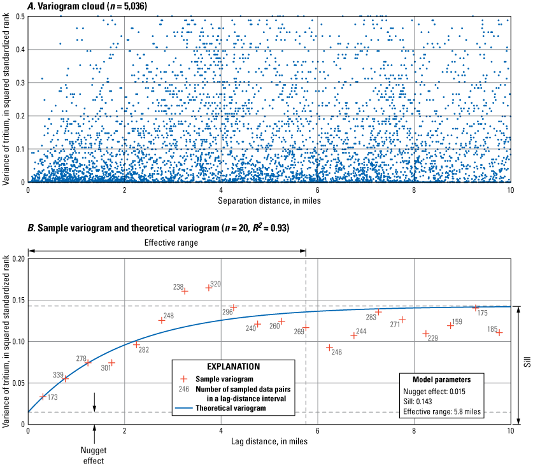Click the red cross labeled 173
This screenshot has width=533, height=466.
43,396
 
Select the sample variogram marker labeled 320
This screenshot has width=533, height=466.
208,288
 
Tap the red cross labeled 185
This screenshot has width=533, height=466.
500,332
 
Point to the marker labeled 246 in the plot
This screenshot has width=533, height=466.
329,348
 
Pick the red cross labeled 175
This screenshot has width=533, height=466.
475,307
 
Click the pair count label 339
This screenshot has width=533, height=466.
57,375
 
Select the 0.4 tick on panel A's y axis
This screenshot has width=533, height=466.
20,50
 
